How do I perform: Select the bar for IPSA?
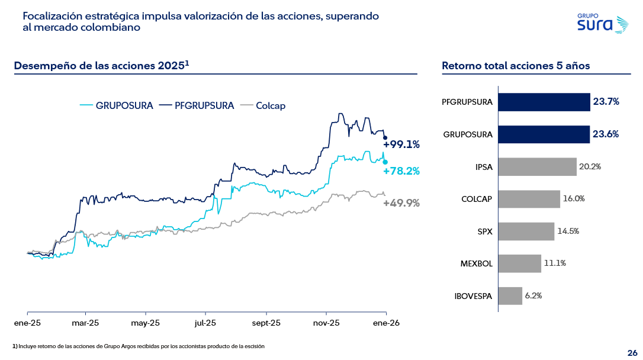(x=537, y=167)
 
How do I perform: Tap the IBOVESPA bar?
(x=510, y=296)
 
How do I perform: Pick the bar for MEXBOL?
(x=519, y=263)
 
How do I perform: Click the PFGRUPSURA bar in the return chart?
(x=544, y=102)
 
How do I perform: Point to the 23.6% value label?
(x=606, y=134)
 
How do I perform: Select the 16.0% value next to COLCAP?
(x=574, y=199)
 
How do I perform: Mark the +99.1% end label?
(x=401, y=144)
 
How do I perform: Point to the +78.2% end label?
(x=401, y=171)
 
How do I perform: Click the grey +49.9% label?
(x=401, y=203)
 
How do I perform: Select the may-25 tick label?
(x=145, y=323)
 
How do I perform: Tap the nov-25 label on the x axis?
(x=326, y=323)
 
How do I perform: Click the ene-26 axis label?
(x=385, y=323)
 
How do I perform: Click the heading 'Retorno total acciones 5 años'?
(x=516, y=66)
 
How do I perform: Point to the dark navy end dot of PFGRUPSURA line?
(x=385, y=138)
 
